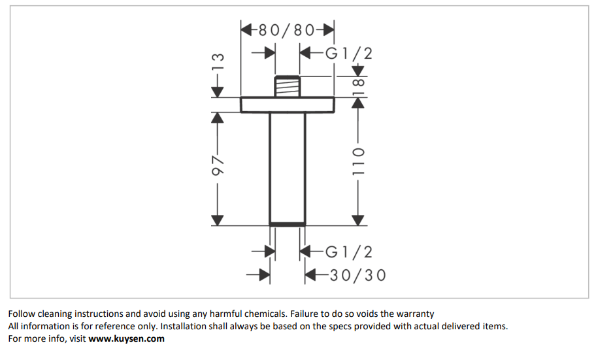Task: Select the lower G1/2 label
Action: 349,252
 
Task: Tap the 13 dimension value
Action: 218,63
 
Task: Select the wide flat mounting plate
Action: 288,105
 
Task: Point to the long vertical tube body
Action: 288,167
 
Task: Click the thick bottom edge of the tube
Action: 288,224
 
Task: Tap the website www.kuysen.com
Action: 126,338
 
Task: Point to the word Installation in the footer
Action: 183,326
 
